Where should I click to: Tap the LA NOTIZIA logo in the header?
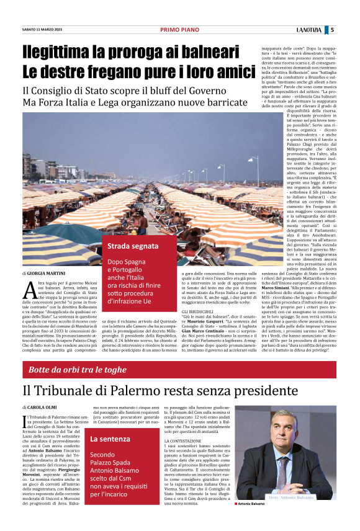pyautogui.click(x=308, y=29)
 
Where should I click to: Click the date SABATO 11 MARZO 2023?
pyautogui.click(x=42, y=29)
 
